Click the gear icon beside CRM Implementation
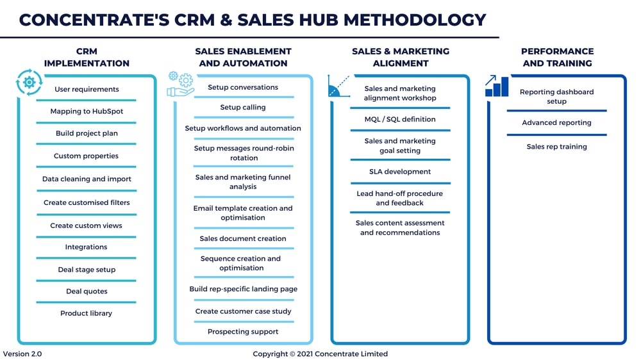[29, 83]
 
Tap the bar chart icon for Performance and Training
[497, 86]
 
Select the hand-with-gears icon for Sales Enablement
[180, 84]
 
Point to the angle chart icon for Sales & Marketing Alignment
[339, 86]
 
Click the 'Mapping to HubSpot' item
[87, 111]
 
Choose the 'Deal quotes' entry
[87, 291]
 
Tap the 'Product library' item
[87, 313]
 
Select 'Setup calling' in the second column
[243, 108]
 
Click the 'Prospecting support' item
[243, 332]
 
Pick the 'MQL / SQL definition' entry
[400, 119]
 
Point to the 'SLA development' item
[400, 172]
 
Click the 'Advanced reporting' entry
[556, 122]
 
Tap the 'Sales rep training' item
[556, 147]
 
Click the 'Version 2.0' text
[22, 354]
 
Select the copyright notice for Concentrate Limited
[320, 354]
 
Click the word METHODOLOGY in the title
[415, 20]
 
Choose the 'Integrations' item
[87, 247]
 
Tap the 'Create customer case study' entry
[243, 311]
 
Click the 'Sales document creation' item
[243, 239]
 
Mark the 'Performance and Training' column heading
[557, 57]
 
